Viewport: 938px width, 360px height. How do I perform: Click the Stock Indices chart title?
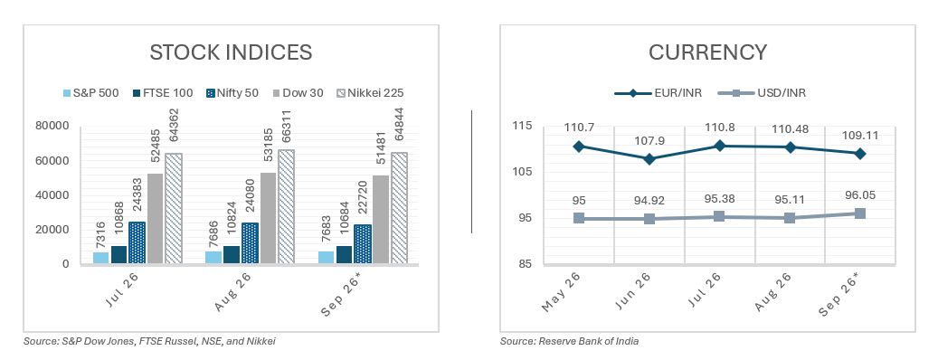coord(231,52)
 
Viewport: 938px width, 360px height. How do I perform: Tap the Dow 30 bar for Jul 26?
coord(155,218)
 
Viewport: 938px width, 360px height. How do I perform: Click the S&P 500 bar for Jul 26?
coord(101,258)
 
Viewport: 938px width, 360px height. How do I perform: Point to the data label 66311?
coord(286,128)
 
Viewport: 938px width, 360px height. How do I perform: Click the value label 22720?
coord(363,203)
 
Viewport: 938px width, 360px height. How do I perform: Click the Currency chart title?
coord(707,52)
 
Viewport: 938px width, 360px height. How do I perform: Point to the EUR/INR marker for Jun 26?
coord(649,159)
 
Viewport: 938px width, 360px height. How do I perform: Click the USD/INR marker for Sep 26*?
coord(860,213)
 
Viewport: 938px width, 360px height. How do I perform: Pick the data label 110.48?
coord(790,128)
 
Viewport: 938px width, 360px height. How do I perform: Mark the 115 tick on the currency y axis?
coord(522,126)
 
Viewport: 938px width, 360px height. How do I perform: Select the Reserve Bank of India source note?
coord(570,342)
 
